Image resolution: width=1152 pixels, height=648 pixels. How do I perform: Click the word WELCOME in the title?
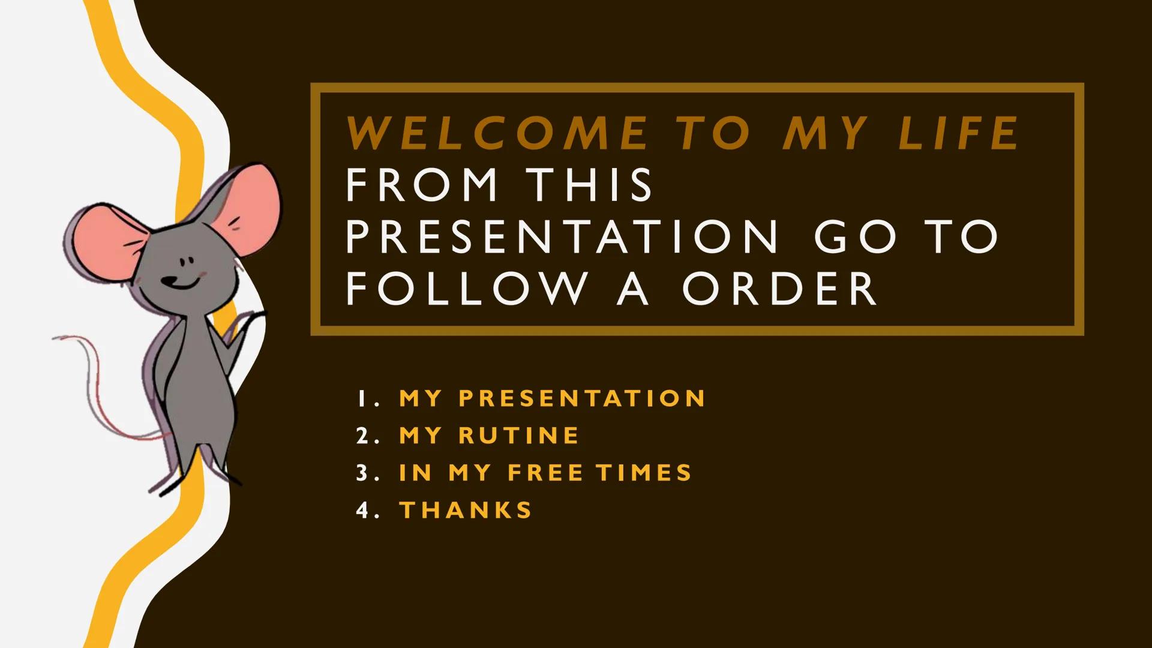coord(497,133)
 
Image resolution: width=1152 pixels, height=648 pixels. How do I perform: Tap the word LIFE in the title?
coord(958,133)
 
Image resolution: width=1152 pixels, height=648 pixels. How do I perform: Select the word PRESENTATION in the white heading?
coord(562,236)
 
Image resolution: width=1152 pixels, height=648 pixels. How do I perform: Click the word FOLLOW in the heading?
coord(466,289)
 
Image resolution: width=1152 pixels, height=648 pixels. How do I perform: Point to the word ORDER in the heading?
coord(779,289)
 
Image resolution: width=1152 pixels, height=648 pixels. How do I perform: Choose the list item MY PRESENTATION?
coord(552,398)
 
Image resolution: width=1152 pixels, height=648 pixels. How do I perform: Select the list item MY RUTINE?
coord(489,436)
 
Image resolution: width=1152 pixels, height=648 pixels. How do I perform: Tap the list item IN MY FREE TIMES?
coord(545,473)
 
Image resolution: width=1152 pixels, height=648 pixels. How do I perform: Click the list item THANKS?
coord(466,510)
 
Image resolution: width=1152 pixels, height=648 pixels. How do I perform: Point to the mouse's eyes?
coord(187,262)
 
